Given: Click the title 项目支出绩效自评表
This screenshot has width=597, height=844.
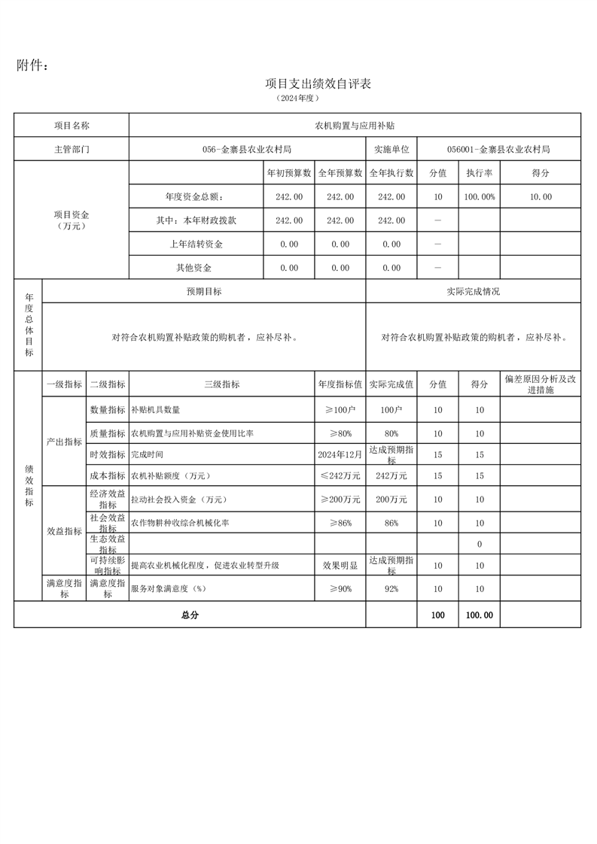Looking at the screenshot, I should click(x=318, y=83).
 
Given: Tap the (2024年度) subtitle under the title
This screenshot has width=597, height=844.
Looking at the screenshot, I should click(x=299, y=98).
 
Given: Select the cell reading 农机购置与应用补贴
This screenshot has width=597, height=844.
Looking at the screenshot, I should click(x=355, y=126).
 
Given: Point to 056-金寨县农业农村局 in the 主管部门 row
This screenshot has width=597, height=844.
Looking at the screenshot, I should click(x=247, y=149).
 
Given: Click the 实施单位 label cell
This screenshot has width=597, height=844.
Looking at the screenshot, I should click(x=391, y=149).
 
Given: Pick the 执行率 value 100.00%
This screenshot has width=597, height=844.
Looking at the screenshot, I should click(x=480, y=197).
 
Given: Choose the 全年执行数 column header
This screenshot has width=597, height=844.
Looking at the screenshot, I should click(x=391, y=173).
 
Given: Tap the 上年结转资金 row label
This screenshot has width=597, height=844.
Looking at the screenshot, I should click(x=196, y=244).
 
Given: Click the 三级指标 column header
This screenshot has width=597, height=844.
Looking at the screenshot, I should click(x=222, y=384).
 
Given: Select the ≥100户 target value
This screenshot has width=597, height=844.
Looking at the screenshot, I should click(x=340, y=410).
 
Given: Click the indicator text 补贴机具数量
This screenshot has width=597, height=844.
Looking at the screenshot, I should click(x=156, y=410).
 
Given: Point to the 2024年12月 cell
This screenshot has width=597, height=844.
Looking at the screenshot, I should click(x=340, y=454).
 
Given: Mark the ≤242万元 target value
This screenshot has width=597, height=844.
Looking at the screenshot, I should click(x=340, y=475).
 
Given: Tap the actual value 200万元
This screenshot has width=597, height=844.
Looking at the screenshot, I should click(x=391, y=499).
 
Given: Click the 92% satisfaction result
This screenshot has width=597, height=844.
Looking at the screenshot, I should click(x=391, y=589).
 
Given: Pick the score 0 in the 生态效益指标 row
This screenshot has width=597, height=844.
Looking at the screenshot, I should click(x=480, y=544).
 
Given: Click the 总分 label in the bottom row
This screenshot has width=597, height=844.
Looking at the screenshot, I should click(x=190, y=615).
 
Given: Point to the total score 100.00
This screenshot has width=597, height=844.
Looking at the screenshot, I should click(x=480, y=615).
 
